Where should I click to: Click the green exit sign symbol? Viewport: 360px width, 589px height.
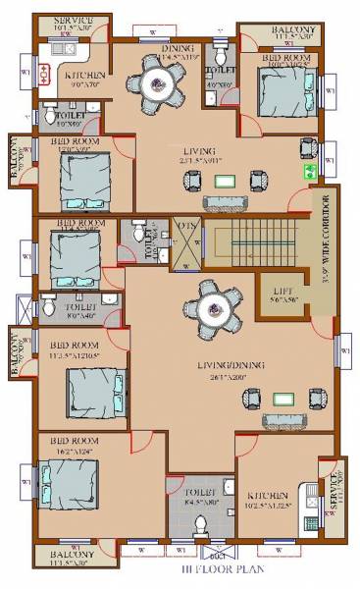(310, 170)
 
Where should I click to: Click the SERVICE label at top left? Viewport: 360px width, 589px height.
(74, 21)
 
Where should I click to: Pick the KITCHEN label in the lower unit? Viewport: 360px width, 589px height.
(267, 496)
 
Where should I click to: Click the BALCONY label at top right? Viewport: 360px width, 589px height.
(293, 32)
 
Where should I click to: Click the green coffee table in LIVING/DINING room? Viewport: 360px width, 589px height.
(283, 398)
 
